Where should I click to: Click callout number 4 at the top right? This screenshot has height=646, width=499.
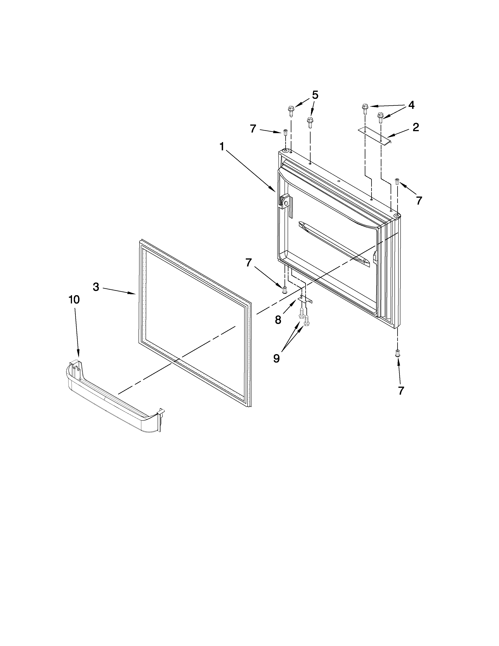(x=411, y=105)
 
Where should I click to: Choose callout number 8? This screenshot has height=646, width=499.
(x=278, y=320)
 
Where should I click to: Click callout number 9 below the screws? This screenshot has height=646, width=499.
(x=276, y=358)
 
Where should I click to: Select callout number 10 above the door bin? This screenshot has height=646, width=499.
(x=74, y=300)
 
